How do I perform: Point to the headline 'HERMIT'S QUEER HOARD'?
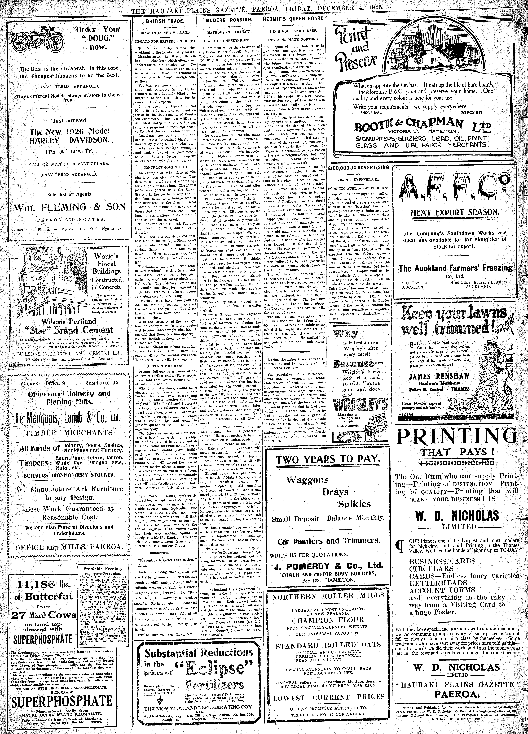click(293, 19)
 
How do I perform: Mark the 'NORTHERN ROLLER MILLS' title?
click(328, 596)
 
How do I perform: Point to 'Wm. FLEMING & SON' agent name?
click(70, 207)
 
